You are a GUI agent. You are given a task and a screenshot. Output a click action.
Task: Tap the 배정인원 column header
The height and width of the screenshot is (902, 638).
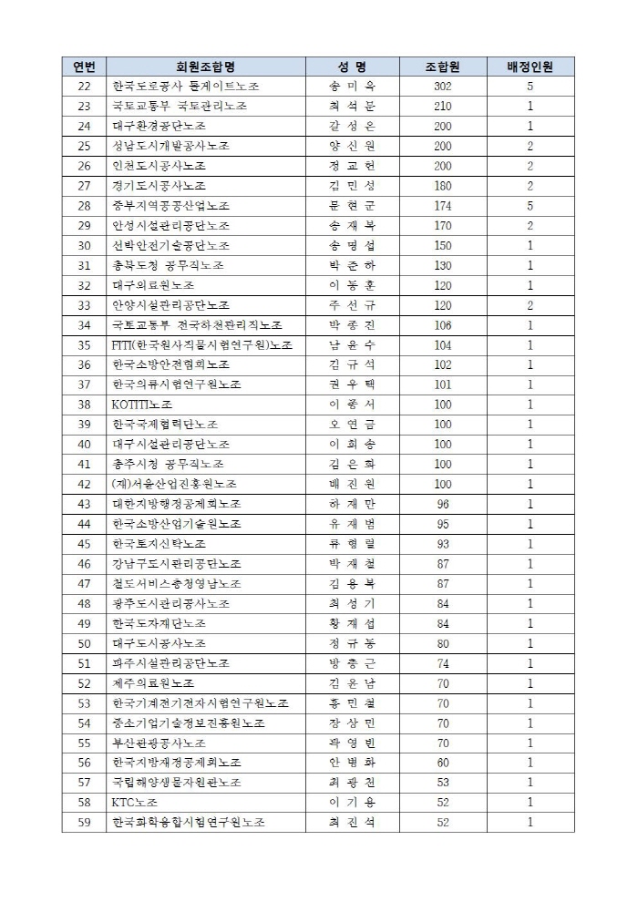click(530, 67)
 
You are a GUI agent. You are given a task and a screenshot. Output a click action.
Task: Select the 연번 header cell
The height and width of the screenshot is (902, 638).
click(85, 67)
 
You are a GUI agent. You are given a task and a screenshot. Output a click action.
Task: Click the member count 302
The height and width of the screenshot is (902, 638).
click(443, 87)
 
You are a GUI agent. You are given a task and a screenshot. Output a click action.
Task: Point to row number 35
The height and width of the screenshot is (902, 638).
click(85, 344)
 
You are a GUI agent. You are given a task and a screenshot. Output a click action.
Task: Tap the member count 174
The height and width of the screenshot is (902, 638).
click(443, 206)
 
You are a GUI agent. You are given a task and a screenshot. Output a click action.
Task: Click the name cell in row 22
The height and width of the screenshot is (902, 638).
click(351, 87)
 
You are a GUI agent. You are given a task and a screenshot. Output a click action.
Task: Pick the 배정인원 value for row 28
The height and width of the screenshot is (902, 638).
click(530, 206)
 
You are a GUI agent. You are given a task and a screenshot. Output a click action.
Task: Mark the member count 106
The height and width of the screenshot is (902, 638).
click(443, 325)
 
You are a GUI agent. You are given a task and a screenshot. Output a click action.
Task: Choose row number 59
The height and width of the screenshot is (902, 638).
click(85, 822)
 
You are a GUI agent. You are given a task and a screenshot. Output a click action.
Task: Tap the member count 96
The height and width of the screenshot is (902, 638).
click(443, 504)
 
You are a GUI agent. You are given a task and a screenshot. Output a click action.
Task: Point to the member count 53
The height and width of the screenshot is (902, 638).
click(443, 782)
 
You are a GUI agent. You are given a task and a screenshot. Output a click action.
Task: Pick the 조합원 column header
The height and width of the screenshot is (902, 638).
click(443, 67)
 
